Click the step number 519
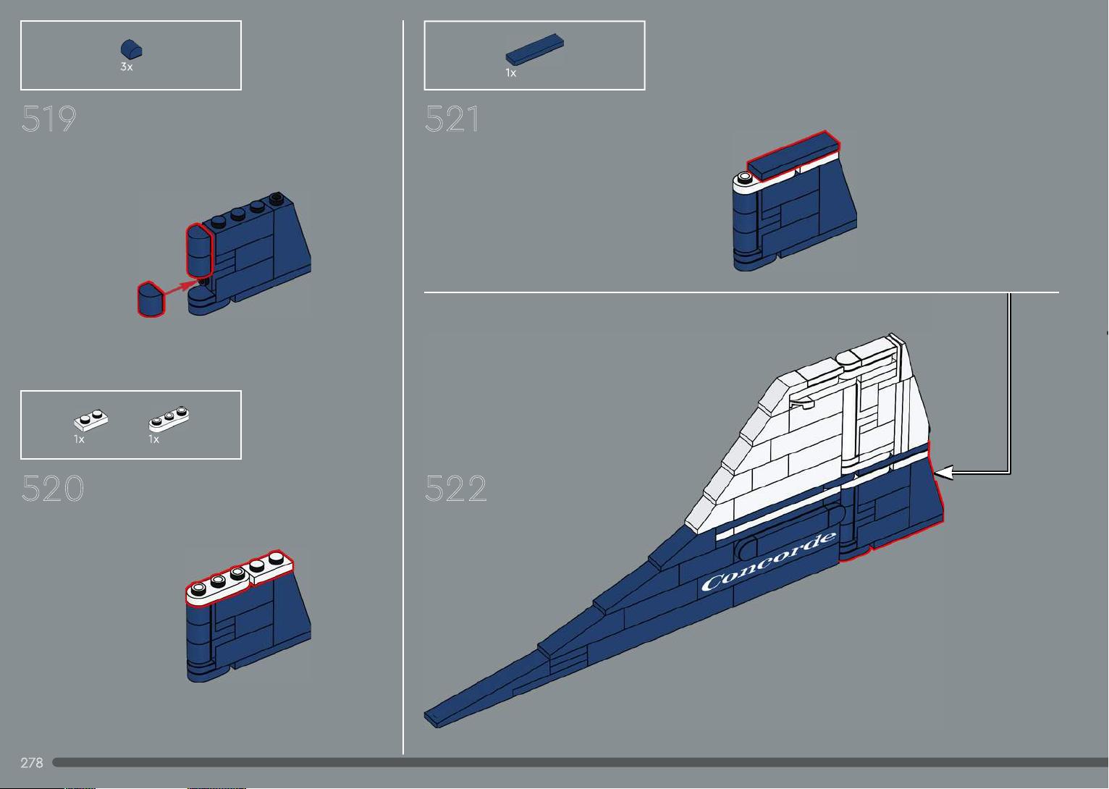[49, 119]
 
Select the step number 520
[52, 488]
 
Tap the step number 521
[452, 119]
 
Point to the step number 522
[456, 488]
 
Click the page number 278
[32, 763]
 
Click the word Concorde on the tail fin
[769, 561]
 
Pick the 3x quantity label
[126, 67]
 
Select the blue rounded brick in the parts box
[131, 49]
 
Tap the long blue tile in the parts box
[534, 49]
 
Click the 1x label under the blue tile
[511, 73]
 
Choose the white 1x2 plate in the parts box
[91, 421]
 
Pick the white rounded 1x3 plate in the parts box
[169, 419]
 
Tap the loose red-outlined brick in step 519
[151, 299]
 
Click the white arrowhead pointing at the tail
[943, 473]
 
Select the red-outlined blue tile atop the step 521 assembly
[793, 154]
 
